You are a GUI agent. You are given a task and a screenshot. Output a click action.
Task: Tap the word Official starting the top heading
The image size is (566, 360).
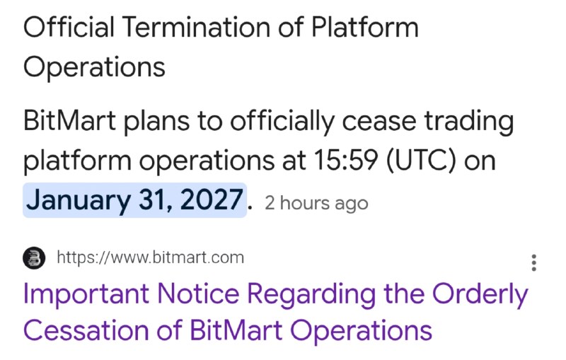(x=69, y=27)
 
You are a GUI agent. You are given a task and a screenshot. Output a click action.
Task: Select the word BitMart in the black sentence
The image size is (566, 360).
(x=69, y=120)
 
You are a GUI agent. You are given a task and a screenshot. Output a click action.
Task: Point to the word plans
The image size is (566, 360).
(x=156, y=123)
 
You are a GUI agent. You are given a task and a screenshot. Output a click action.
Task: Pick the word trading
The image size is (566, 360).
(x=468, y=122)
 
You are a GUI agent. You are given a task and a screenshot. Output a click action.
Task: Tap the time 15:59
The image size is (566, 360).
(x=346, y=160)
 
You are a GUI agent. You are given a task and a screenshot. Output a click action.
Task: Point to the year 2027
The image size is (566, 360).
(x=211, y=199)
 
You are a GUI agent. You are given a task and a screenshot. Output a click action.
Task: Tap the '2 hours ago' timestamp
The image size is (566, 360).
(x=316, y=204)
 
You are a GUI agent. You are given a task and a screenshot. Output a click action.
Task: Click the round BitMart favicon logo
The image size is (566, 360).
(x=34, y=258)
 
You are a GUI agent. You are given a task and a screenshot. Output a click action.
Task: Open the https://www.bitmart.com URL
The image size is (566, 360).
(x=151, y=257)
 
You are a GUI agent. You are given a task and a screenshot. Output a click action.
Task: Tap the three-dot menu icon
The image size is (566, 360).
(x=534, y=262)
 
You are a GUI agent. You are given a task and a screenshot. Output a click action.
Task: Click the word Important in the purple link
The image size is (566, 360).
(x=86, y=294)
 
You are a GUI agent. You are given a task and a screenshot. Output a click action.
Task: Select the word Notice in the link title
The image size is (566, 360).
(x=198, y=294)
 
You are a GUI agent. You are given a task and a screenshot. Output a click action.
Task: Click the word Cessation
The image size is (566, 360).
(x=86, y=330)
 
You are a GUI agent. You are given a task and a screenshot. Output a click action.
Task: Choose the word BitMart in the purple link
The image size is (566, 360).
(x=236, y=330)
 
